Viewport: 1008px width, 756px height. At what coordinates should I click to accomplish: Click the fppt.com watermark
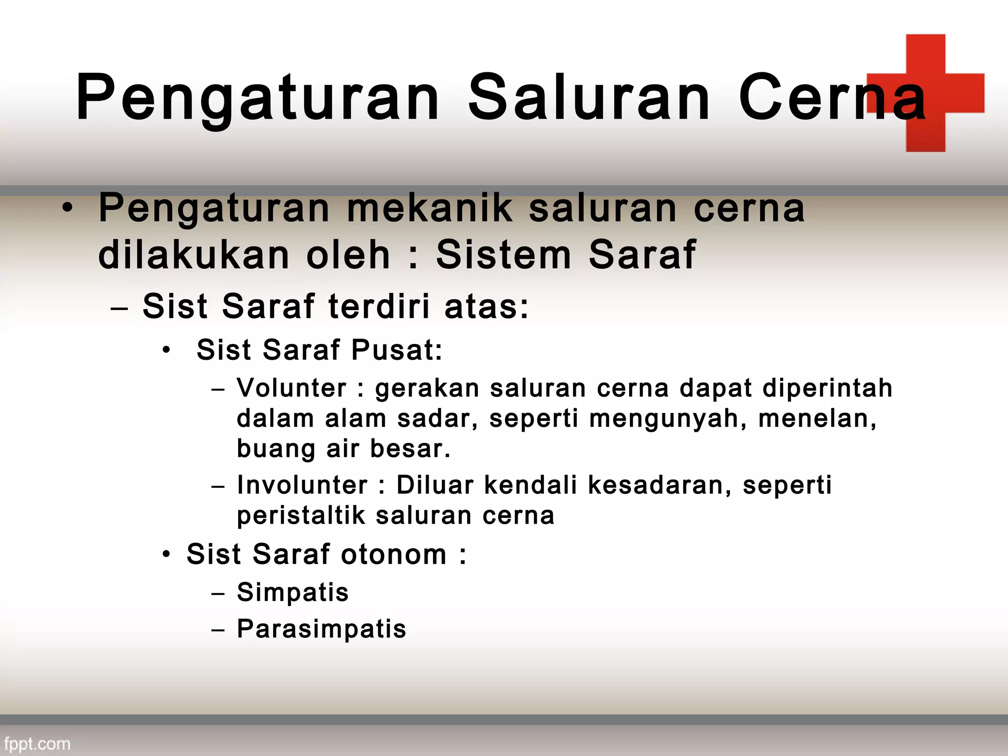(37, 743)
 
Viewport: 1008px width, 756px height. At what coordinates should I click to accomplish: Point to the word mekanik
(430, 208)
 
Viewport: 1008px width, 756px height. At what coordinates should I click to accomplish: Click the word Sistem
(504, 255)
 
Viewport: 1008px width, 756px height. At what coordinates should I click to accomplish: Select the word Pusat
(397, 350)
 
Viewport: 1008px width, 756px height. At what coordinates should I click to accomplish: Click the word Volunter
(292, 388)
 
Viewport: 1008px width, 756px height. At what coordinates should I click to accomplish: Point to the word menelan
(817, 419)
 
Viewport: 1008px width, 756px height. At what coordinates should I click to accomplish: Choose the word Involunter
(302, 485)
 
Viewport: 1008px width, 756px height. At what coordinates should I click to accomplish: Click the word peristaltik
(301, 516)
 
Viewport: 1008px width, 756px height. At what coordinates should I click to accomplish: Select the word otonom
(394, 554)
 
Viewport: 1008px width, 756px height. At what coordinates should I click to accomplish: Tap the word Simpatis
(293, 592)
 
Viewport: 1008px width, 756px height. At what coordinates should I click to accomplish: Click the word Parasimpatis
(321, 629)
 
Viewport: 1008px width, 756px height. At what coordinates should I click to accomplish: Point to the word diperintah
(827, 388)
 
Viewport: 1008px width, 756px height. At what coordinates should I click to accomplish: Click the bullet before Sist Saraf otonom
(167, 554)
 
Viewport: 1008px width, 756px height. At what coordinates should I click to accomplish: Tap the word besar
(410, 449)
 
